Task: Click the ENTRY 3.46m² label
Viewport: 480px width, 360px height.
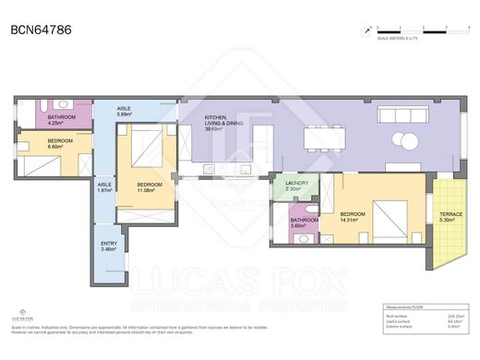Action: (109, 246)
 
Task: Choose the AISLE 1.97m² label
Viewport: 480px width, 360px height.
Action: (104, 188)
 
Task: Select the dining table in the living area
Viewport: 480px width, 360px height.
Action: (327, 137)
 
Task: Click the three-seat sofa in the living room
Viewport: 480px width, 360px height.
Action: (401, 114)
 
